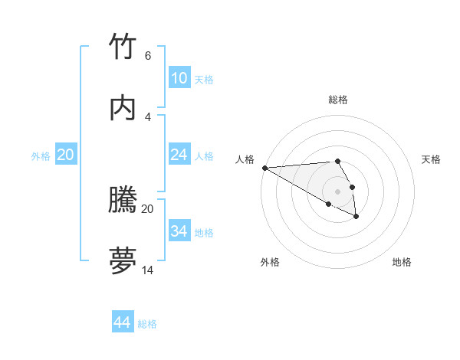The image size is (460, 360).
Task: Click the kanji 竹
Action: coord(123,47)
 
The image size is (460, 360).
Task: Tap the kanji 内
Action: coord(123,108)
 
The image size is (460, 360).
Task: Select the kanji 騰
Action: coord(123,201)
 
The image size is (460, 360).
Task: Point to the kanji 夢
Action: coord(123,261)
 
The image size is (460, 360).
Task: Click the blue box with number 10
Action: coord(179,77)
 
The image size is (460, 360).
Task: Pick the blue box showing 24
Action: coord(179,155)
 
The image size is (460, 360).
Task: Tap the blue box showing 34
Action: coord(179,231)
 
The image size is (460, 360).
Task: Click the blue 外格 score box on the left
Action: coord(66,155)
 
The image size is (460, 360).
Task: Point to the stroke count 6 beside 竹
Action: coord(147,56)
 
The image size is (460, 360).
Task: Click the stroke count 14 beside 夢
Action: coord(147,270)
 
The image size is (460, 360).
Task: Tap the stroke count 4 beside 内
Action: coord(147,116)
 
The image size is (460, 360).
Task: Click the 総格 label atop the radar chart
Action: coord(338,100)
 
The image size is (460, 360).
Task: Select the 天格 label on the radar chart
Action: coord(432,159)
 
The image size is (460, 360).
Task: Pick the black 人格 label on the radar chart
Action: coord(245,159)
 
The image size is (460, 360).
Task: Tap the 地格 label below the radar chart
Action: coord(402,262)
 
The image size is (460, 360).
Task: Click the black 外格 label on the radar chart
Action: coord(270,262)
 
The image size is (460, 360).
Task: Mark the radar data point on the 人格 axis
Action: coord(264,168)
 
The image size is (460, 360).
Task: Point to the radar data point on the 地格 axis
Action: coord(356,217)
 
